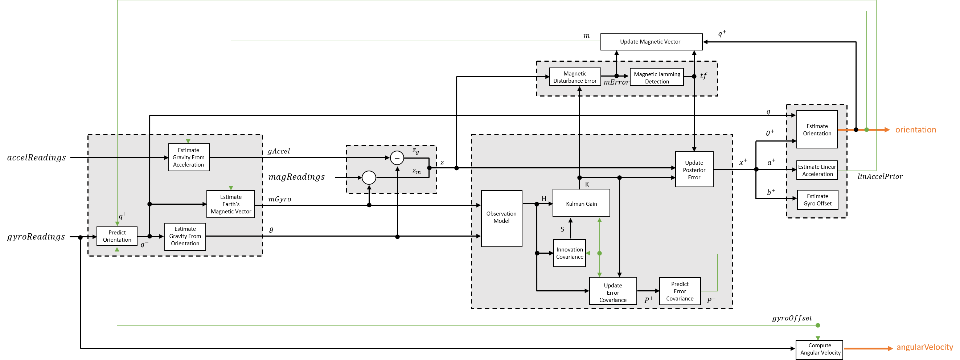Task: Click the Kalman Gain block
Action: pos(581,203)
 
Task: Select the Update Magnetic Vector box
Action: pos(651,42)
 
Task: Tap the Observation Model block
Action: pos(501,218)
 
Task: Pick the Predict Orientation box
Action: pos(117,236)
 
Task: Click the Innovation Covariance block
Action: pos(570,253)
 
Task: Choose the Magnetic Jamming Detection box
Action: pos(657,78)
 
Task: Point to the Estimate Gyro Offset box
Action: pos(817,200)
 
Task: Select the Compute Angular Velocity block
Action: pos(820,349)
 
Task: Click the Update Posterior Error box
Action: pos(694,169)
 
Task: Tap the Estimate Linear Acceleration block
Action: pos(817,170)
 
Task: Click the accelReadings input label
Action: pos(37,157)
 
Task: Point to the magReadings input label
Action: pos(297,177)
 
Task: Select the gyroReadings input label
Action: pos(36,237)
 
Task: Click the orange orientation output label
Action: pos(916,130)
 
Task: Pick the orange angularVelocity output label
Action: pos(924,347)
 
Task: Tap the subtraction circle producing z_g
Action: pos(397,158)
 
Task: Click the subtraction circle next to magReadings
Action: pos(369,178)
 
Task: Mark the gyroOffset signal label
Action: pos(792,318)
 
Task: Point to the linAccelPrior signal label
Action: pos(880,177)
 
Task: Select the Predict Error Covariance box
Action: pos(680,291)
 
